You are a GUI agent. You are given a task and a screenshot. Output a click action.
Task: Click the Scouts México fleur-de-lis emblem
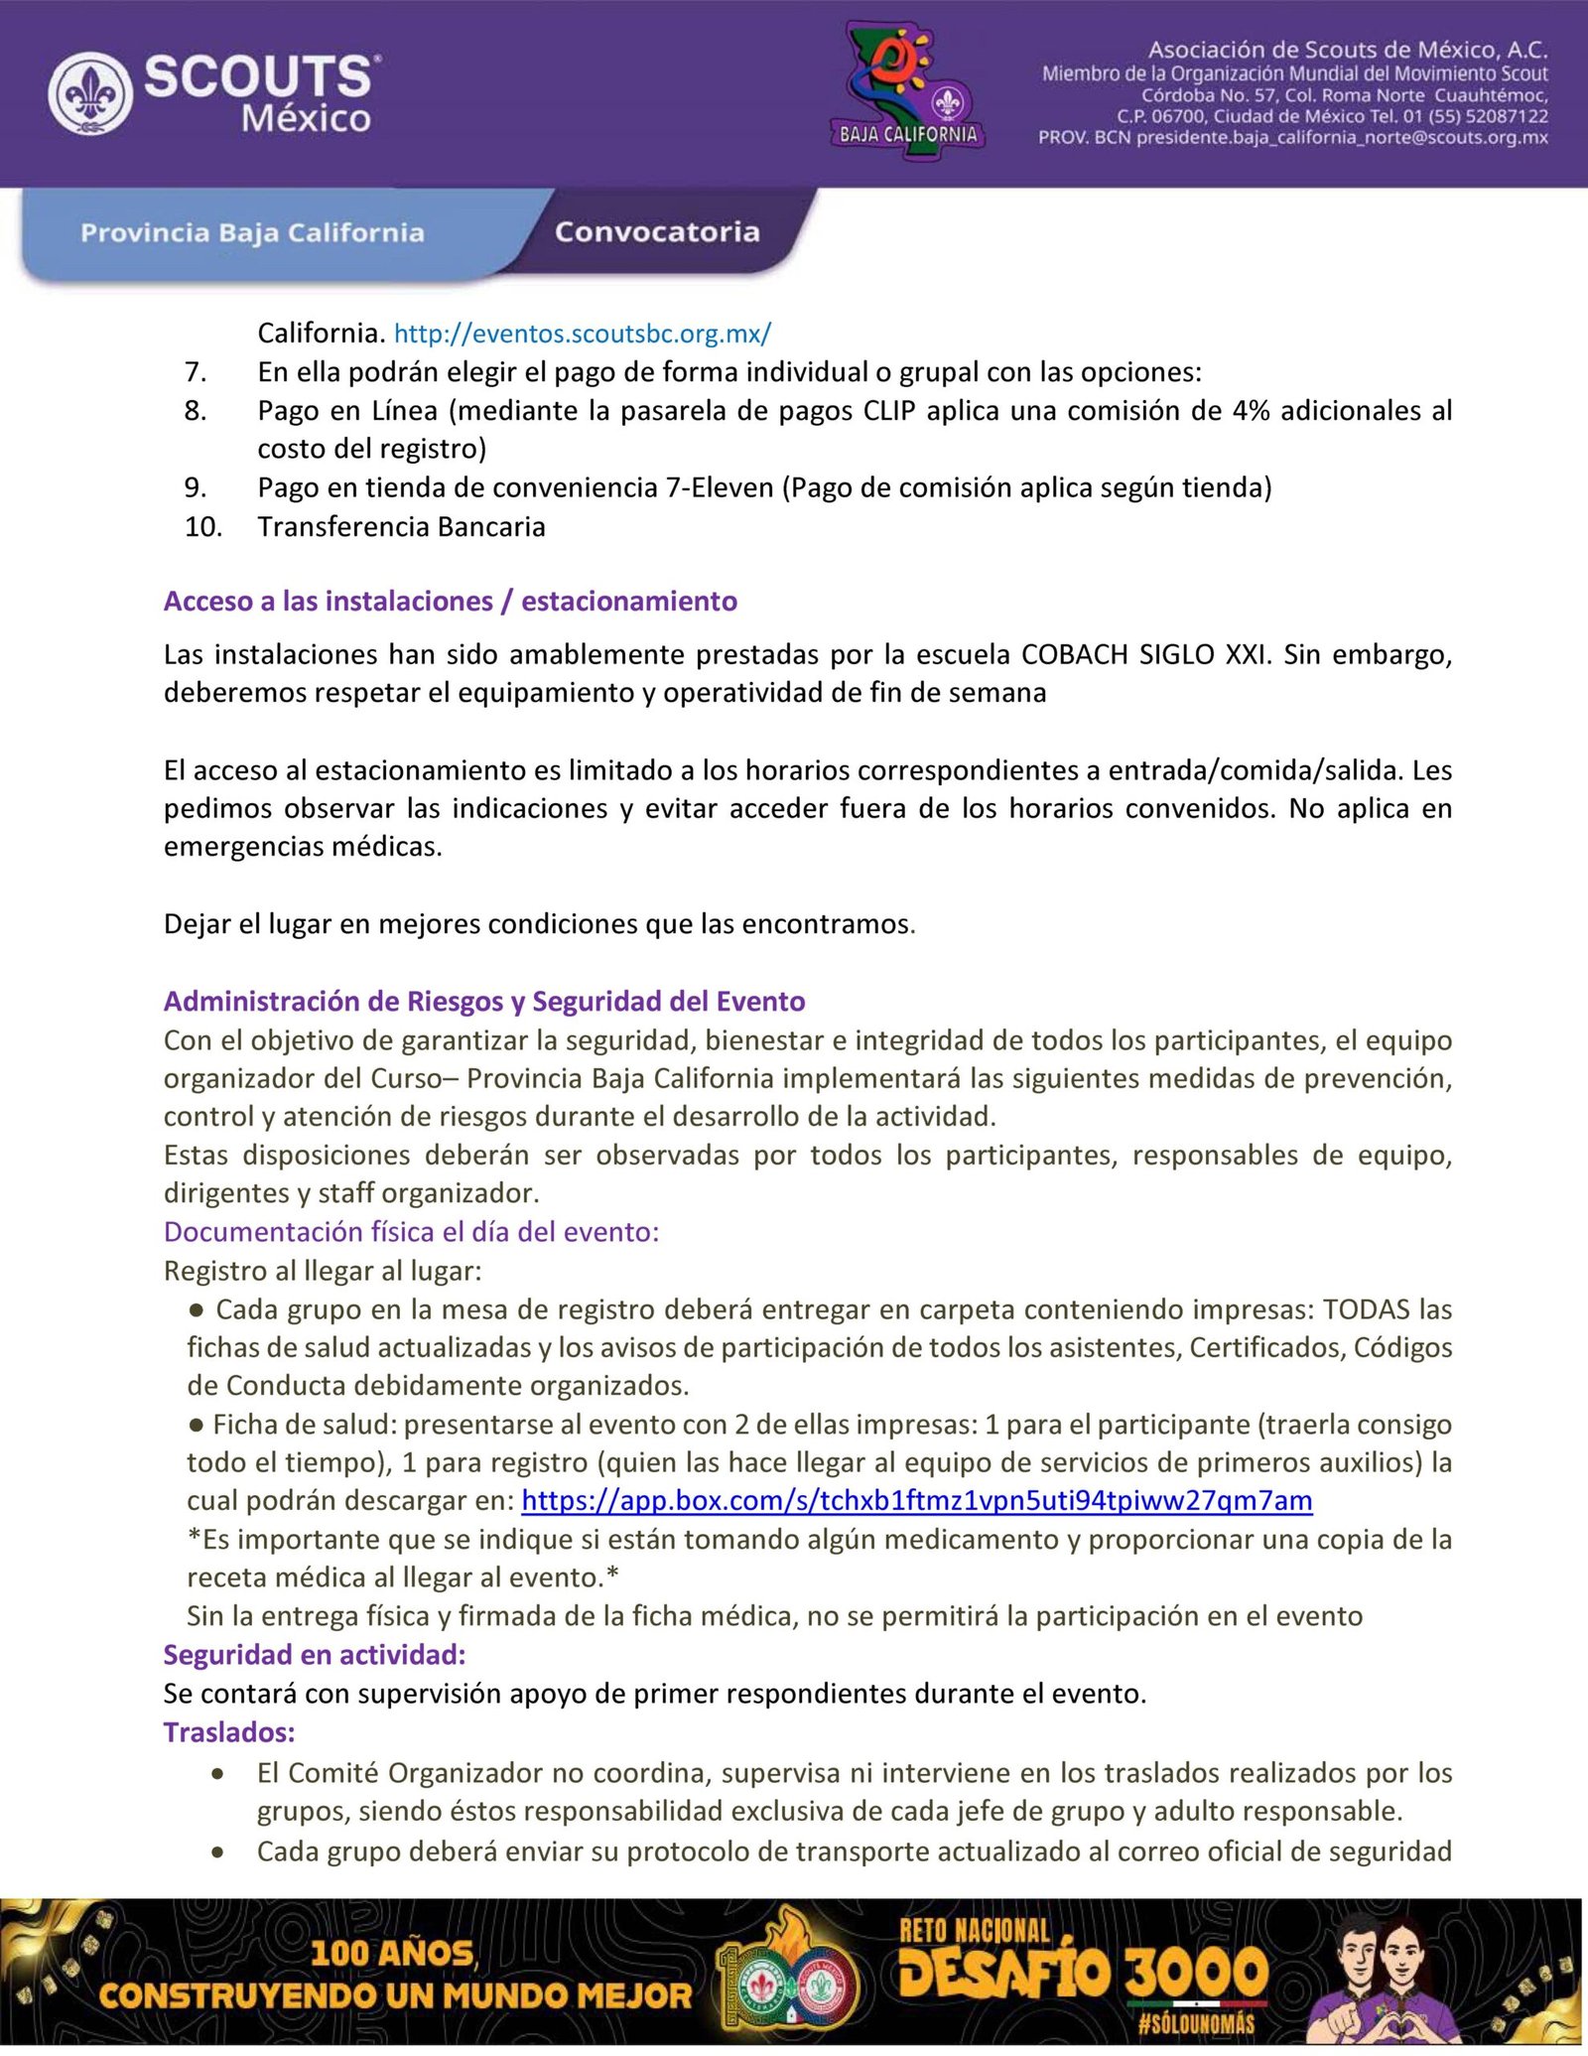90,94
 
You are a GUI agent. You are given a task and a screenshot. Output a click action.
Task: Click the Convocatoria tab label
657,232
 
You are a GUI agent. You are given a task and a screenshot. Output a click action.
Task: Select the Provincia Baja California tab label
252,233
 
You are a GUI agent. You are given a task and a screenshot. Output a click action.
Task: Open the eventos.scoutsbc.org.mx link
583,334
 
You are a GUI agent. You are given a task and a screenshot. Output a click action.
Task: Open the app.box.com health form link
916,1500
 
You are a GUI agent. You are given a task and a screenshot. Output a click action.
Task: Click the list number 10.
203,526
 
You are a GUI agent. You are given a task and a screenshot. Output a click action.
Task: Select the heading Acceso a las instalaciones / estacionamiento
451,601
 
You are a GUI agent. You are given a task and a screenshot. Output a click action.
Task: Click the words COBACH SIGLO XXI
1143,654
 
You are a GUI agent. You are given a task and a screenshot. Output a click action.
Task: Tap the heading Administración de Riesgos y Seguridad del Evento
484,1001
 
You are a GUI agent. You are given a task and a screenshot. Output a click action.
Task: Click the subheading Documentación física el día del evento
411,1232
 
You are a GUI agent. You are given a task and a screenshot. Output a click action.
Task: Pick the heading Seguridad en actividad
315,1655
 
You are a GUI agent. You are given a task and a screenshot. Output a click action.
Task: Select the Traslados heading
229,1732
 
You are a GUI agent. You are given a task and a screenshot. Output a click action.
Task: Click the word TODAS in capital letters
1366,1309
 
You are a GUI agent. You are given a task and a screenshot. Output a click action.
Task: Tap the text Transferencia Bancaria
401,526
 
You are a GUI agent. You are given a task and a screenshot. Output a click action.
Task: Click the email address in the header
1342,138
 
